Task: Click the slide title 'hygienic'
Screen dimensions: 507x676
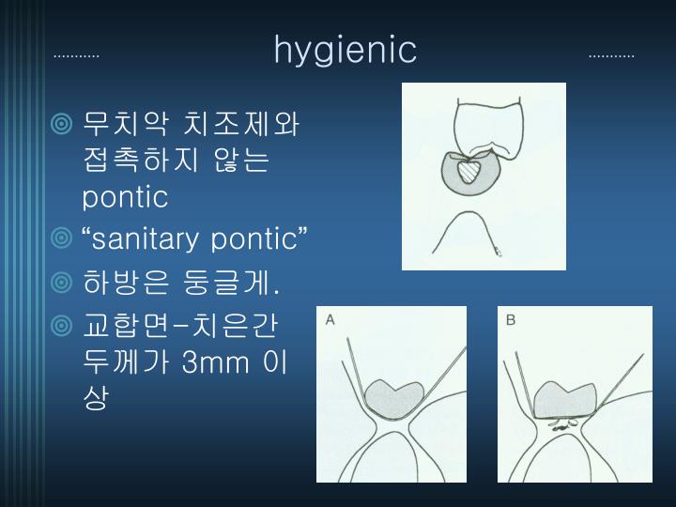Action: (x=345, y=50)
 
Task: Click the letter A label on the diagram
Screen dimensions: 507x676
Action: (x=330, y=320)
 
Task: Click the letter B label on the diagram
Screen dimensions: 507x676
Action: (x=511, y=320)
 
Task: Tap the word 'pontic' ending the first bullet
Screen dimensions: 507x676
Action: (x=125, y=197)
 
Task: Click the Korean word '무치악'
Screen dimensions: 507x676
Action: (x=114, y=123)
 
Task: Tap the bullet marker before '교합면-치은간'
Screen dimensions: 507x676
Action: (x=63, y=325)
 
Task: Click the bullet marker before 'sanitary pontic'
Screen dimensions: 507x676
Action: (x=63, y=240)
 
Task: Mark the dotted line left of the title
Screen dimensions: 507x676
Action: (x=77, y=55)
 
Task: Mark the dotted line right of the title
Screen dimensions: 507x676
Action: (x=611, y=55)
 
